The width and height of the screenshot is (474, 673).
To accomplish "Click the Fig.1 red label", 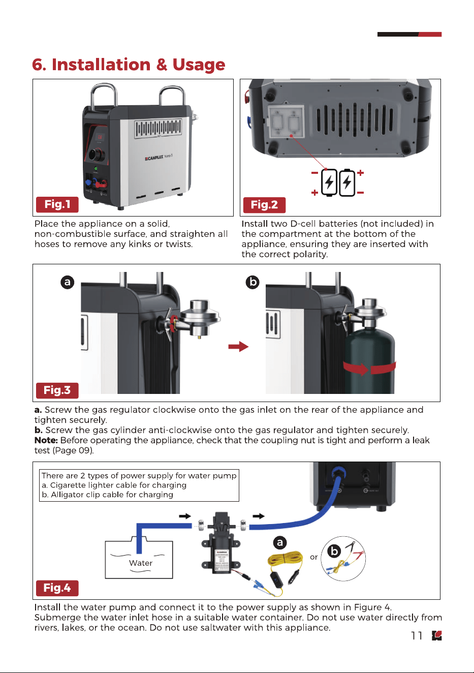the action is click(57, 205).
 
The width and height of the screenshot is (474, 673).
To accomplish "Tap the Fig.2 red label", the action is click(264, 205).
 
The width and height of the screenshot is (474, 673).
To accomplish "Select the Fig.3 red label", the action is click(57, 390).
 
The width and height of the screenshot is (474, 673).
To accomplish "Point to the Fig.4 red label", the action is click(57, 588).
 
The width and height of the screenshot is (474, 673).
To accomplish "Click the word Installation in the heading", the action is click(101, 64).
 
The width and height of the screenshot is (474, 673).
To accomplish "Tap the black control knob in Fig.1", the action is click(98, 155).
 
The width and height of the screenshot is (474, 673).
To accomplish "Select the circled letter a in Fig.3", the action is click(67, 282).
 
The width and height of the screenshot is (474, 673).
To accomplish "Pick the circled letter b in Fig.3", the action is click(252, 282).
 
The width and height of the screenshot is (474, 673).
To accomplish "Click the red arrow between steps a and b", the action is click(238, 347).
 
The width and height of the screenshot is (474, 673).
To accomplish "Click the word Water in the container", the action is click(141, 563).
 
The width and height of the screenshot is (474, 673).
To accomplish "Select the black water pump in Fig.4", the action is click(221, 544).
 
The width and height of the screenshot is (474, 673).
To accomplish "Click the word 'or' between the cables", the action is click(314, 557).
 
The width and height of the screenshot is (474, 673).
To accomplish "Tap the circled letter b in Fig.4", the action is click(334, 552).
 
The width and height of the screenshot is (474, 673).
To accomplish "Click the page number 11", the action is click(417, 635).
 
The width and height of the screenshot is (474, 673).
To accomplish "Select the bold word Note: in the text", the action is click(46, 440).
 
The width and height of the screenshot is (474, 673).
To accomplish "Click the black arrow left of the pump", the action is click(185, 516).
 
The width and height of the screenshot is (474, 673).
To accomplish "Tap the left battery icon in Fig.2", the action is click(329, 182).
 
